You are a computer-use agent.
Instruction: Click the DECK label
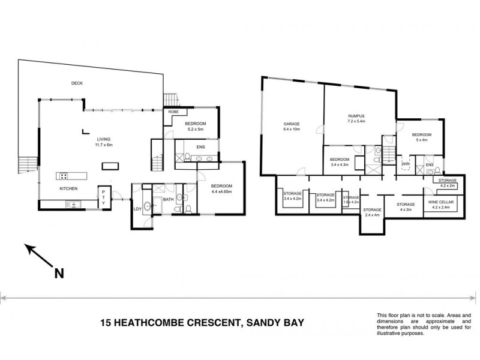click(x=76, y=83)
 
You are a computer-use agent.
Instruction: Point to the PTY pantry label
click(x=103, y=197)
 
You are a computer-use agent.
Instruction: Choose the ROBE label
click(x=173, y=112)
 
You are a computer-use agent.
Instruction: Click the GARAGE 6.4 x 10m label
click(x=292, y=128)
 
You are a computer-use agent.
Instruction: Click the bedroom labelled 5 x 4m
click(x=421, y=137)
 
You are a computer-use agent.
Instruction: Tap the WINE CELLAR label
click(x=441, y=206)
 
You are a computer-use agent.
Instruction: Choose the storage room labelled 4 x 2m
click(x=406, y=208)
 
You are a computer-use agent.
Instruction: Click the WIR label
click(x=406, y=163)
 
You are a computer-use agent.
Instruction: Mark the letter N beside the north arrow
click(x=59, y=274)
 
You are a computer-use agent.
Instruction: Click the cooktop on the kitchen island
click(x=63, y=176)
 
